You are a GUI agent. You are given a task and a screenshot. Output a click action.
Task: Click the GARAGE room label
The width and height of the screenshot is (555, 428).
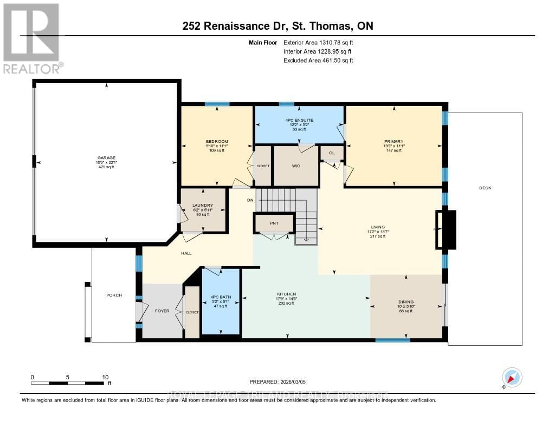coord(106,158)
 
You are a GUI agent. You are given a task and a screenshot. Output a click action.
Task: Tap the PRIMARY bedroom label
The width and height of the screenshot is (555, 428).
coord(394,141)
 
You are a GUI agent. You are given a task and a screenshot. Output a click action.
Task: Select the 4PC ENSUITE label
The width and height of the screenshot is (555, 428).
coord(299,120)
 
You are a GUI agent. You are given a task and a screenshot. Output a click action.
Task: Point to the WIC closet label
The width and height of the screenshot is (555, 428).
coord(295,166)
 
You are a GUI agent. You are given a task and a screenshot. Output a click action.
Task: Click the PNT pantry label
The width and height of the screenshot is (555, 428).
coord(274,222)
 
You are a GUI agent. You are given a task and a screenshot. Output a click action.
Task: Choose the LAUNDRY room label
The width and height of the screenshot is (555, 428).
coord(202,206)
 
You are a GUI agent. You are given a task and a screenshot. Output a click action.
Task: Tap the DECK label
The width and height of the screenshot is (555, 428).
coord(485,188)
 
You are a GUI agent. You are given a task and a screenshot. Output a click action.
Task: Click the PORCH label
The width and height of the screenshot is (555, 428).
coord(114,295)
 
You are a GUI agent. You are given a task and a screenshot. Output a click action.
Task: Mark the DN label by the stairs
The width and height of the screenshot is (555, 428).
coord(250,200)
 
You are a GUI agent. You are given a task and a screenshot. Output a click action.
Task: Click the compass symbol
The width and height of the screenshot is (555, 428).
coord(512,377)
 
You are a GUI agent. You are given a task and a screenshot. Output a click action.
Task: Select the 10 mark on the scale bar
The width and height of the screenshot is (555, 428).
coord(105,377)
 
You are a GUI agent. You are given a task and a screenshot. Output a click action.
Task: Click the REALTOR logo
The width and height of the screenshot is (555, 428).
coord(31,38)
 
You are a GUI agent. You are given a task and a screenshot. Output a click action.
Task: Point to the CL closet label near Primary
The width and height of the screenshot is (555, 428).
coord(332,154)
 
